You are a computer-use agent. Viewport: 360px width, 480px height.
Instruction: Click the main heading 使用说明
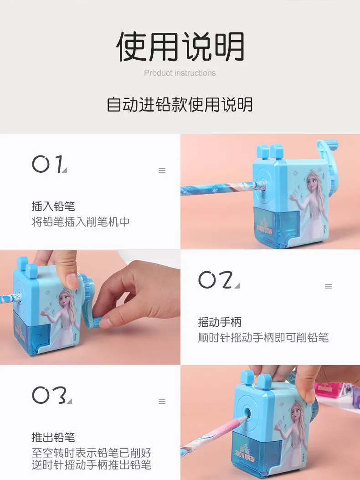coord(180,46)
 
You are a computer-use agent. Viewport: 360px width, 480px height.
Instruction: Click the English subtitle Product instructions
coord(180,73)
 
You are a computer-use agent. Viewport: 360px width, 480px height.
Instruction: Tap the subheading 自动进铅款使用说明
coord(180,104)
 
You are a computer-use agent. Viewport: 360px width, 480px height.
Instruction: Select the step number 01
coord(49,164)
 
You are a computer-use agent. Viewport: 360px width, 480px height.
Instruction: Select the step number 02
coord(218,279)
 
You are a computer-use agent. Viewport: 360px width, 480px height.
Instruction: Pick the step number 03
coord(51,395)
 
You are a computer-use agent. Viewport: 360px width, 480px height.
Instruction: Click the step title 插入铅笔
coord(53,206)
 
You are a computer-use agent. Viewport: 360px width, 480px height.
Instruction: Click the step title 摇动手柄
coord(220,322)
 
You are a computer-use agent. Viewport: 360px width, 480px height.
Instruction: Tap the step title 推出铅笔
coord(53,437)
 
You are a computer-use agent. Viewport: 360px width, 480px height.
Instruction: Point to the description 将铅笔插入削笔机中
coord(81,222)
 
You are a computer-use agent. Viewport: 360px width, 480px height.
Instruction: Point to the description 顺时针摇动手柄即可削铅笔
coord(263,338)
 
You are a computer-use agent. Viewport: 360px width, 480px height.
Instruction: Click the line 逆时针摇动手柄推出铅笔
coord(92,465)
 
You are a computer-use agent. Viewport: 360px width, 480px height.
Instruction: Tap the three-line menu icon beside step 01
coord(162,170)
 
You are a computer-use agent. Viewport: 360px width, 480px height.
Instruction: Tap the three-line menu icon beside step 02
coord(328,286)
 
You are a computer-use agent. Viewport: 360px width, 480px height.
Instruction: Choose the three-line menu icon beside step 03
coord(162,401)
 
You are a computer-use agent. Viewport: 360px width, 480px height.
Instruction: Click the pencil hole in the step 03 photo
coord(247,414)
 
